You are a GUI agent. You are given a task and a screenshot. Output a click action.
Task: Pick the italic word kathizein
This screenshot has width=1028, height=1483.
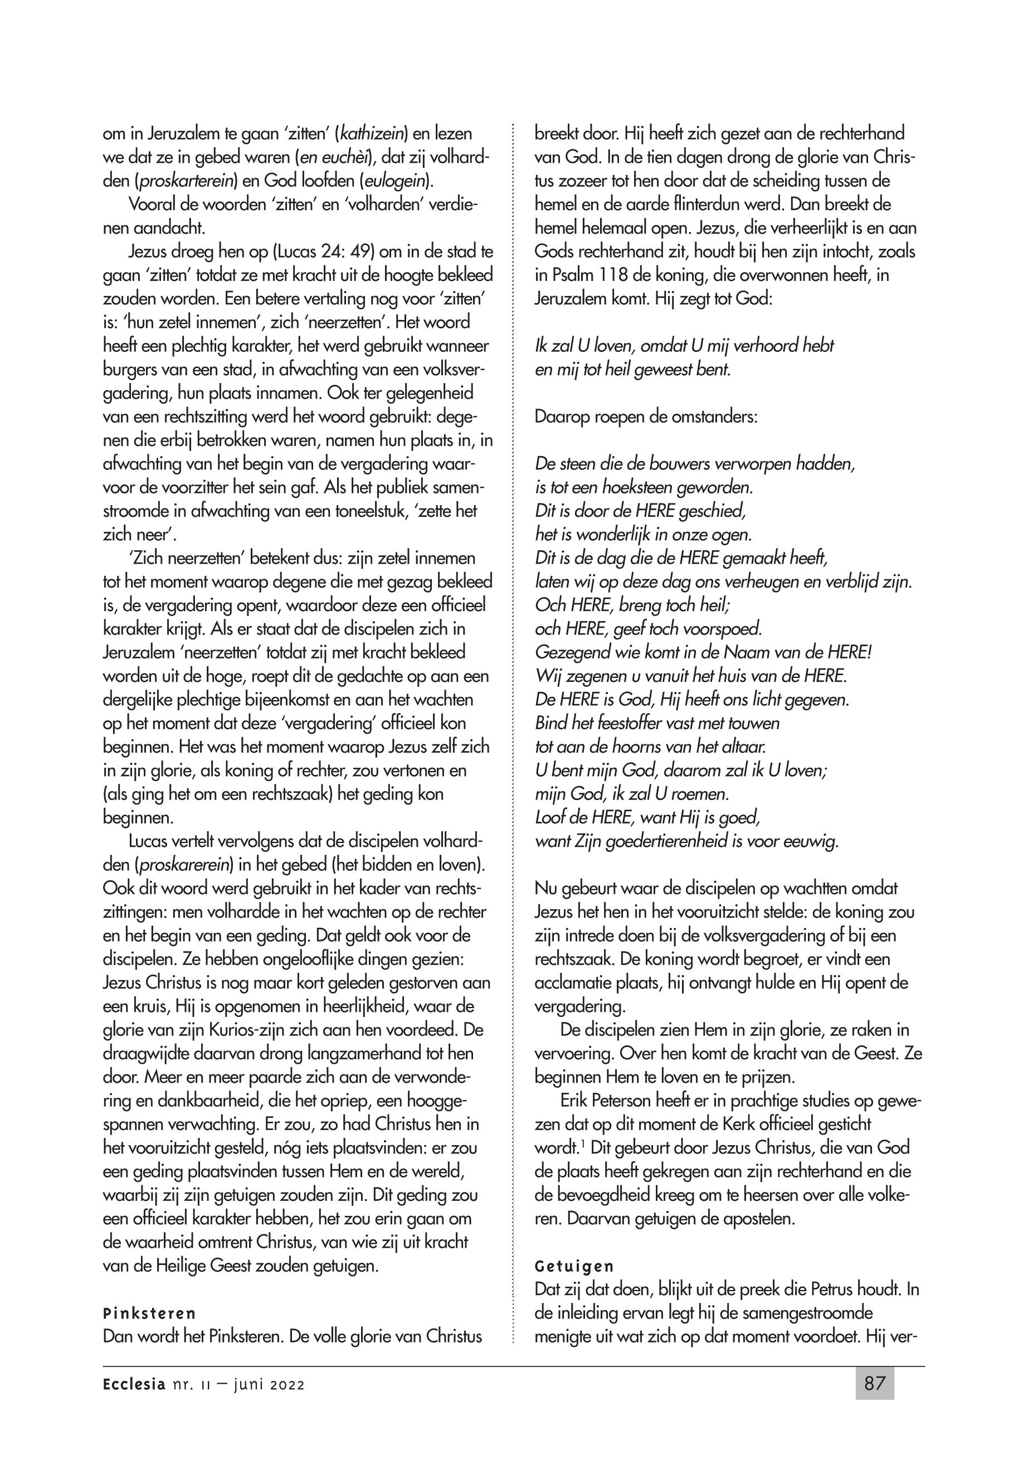coord(371,134)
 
